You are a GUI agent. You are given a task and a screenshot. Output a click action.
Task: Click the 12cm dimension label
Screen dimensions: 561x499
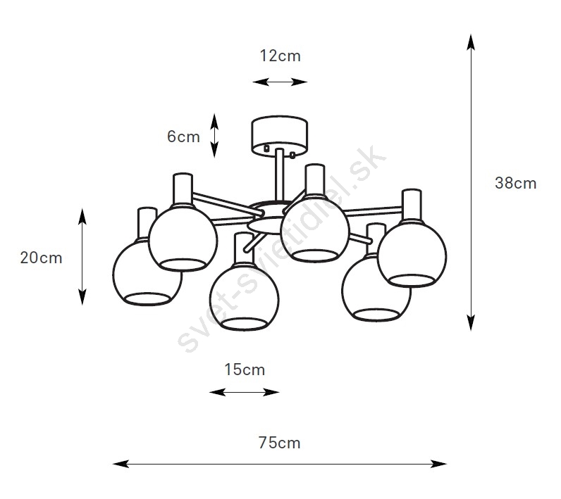[280, 56]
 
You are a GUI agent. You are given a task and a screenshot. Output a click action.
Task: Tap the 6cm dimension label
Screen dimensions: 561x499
[183, 137]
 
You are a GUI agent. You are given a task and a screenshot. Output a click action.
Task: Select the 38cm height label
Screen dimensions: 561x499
[516, 183]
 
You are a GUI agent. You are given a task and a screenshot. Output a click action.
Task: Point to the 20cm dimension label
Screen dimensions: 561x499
[41, 258]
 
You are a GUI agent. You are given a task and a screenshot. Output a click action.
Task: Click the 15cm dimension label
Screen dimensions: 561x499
[245, 369]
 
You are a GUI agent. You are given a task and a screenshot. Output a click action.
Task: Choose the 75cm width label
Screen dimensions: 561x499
[279, 443]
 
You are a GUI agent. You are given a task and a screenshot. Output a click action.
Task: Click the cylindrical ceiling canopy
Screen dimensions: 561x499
[279, 136]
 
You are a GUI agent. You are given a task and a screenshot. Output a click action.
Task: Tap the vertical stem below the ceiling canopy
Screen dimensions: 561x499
[279, 175]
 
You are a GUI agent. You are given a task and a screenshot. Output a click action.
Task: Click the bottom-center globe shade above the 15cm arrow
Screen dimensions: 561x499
[245, 296]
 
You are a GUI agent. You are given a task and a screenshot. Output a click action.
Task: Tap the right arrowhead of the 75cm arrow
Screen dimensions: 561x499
[438, 464]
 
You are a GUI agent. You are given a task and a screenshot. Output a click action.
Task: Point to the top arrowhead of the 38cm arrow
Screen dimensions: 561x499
[471, 42]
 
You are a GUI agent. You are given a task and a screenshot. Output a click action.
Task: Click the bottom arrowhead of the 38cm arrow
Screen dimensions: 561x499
[471, 323]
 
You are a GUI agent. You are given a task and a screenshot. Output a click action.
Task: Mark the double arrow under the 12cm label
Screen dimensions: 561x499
[280, 82]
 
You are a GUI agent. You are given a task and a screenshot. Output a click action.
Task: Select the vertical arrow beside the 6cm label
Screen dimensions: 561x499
[214, 135]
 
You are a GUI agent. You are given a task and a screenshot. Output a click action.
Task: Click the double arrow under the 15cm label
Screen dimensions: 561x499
[245, 392]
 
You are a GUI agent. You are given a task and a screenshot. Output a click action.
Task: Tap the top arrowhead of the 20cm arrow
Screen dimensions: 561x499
[82, 217]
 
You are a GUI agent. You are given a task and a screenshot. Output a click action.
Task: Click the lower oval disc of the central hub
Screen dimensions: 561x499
[265, 226]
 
